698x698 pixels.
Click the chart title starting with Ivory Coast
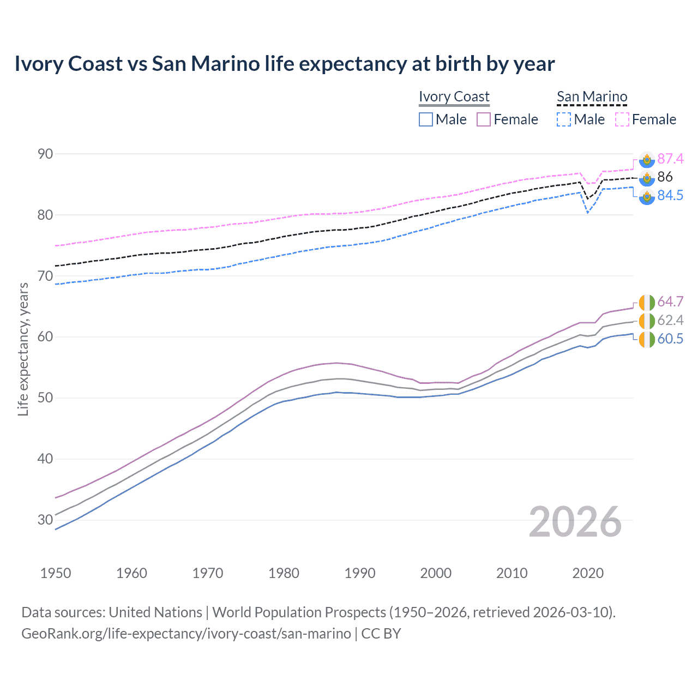[x=284, y=64]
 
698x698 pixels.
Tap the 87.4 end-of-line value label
[x=670, y=159]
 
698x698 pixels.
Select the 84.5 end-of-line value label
[x=670, y=195]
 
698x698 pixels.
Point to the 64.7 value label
[x=670, y=302]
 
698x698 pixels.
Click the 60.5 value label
[x=670, y=339]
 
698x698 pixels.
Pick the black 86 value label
[x=665, y=177]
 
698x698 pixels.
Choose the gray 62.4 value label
[x=670, y=320]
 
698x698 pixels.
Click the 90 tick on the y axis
[x=45, y=154]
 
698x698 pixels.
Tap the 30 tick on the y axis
[x=45, y=520]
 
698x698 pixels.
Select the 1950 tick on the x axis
[x=56, y=573]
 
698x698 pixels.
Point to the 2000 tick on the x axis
[x=436, y=573]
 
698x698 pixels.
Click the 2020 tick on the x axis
[x=588, y=573]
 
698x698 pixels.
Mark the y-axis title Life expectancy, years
[x=23, y=349]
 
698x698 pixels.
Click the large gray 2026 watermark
[x=575, y=522]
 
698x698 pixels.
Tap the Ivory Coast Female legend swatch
[x=484, y=119]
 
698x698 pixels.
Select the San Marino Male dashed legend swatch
[x=564, y=119]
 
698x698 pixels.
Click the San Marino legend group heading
[x=592, y=97]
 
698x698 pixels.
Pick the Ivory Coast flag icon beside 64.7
[x=647, y=302]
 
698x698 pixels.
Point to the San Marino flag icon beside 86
[x=647, y=177]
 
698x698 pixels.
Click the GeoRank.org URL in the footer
[x=186, y=634]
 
